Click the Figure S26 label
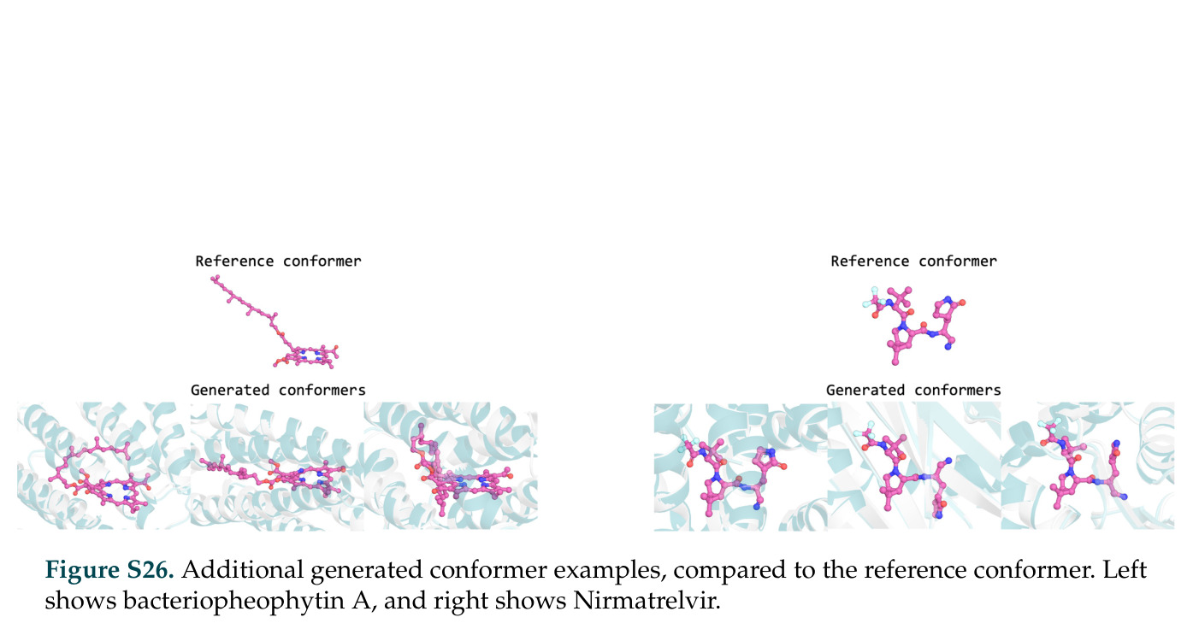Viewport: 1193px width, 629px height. pyautogui.click(x=109, y=569)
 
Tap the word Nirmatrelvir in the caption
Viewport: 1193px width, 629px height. pyautogui.click(x=647, y=601)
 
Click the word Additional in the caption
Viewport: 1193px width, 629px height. pyautogui.click(x=242, y=569)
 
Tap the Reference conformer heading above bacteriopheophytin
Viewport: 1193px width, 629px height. pyautogui.click(x=278, y=262)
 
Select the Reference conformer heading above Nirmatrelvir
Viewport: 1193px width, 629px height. pyautogui.click(x=913, y=262)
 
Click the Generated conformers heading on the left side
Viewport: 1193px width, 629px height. pyautogui.click(x=278, y=390)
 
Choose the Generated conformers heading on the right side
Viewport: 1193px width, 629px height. pyautogui.click(x=913, y=390)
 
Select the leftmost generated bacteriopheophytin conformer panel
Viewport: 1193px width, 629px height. pyautogui.click(x=103, y=466)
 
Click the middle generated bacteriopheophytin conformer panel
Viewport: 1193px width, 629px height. pyautogui.click(x=277, y=466)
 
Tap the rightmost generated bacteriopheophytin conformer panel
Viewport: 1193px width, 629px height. pyautogui.click(x=451, y=466)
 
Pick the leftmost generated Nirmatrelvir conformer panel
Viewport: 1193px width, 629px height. pyautogui.click(x=741, y=466)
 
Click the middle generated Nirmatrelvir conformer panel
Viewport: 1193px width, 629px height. pyautogui.click(x=914, y=466)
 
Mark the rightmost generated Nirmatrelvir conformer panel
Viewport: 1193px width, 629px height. pyautogui.click(x=1088, y=466)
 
